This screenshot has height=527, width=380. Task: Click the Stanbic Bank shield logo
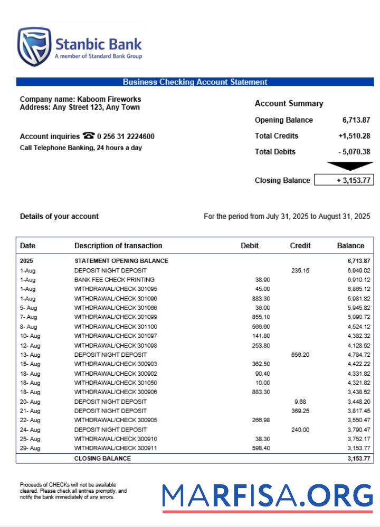coord(34,46)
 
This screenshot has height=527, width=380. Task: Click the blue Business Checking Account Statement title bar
coord(195,82)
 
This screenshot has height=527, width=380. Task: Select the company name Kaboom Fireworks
coord(109,99)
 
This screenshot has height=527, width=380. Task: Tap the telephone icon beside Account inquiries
coord(89,136)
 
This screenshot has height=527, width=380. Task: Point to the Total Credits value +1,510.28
coord(354,136)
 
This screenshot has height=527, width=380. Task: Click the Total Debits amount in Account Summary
coord(354,152)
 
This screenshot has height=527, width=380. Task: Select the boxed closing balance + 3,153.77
coord(344,180)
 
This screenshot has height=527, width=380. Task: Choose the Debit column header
coord(250,246)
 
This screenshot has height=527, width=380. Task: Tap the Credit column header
coord(300,246)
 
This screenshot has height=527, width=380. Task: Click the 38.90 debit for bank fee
coord(262,280)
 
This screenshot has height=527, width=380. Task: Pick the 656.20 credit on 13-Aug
coord(300,355)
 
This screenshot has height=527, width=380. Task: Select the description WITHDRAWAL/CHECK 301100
coord(116,327)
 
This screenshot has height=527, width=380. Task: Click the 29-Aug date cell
coord(30,448)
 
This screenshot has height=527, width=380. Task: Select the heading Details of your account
coord(59,217)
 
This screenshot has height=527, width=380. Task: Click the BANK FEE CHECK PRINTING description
coord(115,280)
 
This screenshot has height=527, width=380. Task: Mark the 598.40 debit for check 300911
coord(261,448)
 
